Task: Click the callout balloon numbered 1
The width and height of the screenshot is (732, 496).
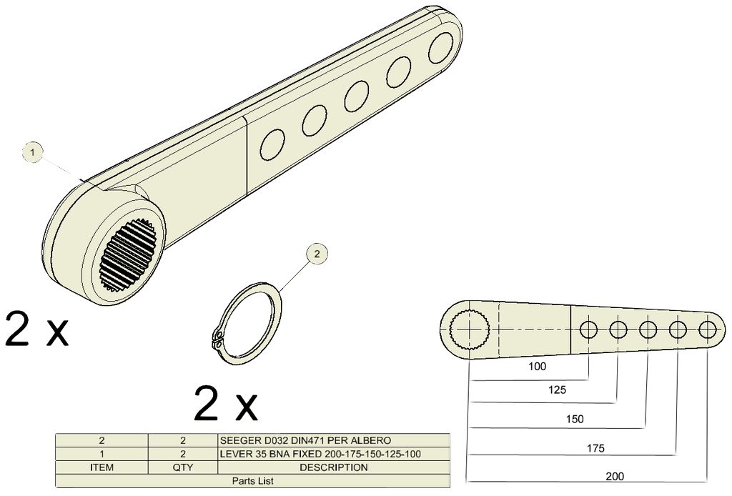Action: tap(33, 152)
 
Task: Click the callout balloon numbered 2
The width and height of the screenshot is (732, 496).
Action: tap(317, 254)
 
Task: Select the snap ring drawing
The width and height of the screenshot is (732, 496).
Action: tap(246, 323)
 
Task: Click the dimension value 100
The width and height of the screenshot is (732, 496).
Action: tap(537, 367)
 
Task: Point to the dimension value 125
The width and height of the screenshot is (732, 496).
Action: tap(557, 390)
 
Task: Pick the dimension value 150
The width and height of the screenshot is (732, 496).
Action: tap(575, 419)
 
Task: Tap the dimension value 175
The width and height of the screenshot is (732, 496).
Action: tap(595, 448)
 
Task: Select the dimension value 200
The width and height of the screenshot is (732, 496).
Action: tap(615, 477)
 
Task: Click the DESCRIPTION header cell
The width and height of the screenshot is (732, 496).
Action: tap(333, 467)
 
